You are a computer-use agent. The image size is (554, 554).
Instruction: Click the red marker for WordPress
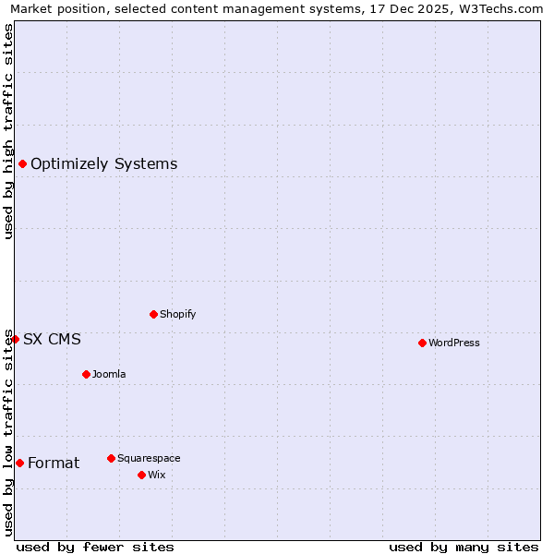pyautogui.click(x=422, y=343)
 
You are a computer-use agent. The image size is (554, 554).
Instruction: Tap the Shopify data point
pyautogui.click(x=153, y=314)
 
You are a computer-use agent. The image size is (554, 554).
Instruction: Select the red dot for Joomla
pyautogui.click(x=86, y=374)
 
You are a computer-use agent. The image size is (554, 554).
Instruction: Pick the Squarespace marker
pyautogui.click(x=111, y=458)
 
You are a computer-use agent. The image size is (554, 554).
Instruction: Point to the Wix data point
pyautogui.click(x=141, y=475)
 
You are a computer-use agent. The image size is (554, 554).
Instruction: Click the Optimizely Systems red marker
pyautogui.click(x=22, y=164)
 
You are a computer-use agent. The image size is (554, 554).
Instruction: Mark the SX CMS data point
pyautogui.click(x=15, y=340)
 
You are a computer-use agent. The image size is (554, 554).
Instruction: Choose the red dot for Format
pyautogui.click(x=19, y=463)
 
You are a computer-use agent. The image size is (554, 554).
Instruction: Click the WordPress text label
pyautogui.click(x=454, y=343)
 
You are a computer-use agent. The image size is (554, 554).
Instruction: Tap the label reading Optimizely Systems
pyautogui.click(x=103, y=164)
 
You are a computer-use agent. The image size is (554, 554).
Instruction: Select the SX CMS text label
pyautogui.click(x=52, y=340)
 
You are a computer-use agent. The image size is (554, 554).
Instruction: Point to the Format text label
pyautogui.click(x=54, y=464)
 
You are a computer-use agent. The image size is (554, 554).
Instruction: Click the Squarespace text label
pyautogui.click(x=149, y=458)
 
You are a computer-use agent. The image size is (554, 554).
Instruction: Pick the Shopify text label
pyautogui.click(x=177, y=314)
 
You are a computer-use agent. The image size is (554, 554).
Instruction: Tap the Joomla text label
pyautogui.click(x=109, y=374)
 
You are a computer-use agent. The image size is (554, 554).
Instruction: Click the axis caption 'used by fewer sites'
pyautogui.click(x=95, y=547)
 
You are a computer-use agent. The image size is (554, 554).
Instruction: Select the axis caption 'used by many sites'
pyautogui.click(x=464, y=547)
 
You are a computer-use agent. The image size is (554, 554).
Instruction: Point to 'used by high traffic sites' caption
pyautogui.click(x=9, y=131)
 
